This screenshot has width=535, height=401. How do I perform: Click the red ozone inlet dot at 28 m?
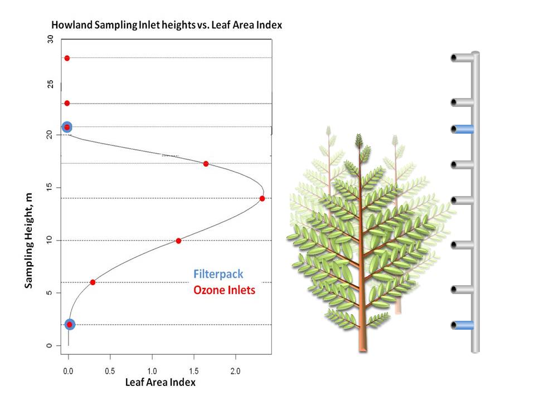coord(67,58)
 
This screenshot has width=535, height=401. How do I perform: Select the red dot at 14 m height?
coord(262,198)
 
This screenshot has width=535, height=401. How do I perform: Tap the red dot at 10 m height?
coord(178,241)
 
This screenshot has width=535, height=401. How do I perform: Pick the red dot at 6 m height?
coord(93,282)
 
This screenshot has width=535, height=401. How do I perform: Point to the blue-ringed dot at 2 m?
coord(70,325)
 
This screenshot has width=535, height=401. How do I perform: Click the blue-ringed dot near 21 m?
coord(67,127)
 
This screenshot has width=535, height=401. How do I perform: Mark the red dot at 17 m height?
coord(206,164)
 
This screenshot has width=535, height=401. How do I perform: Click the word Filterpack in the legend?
coord(218,275)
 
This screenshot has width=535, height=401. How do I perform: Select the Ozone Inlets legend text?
coord(224,290)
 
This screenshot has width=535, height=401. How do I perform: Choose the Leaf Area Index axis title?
coord(160,383)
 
